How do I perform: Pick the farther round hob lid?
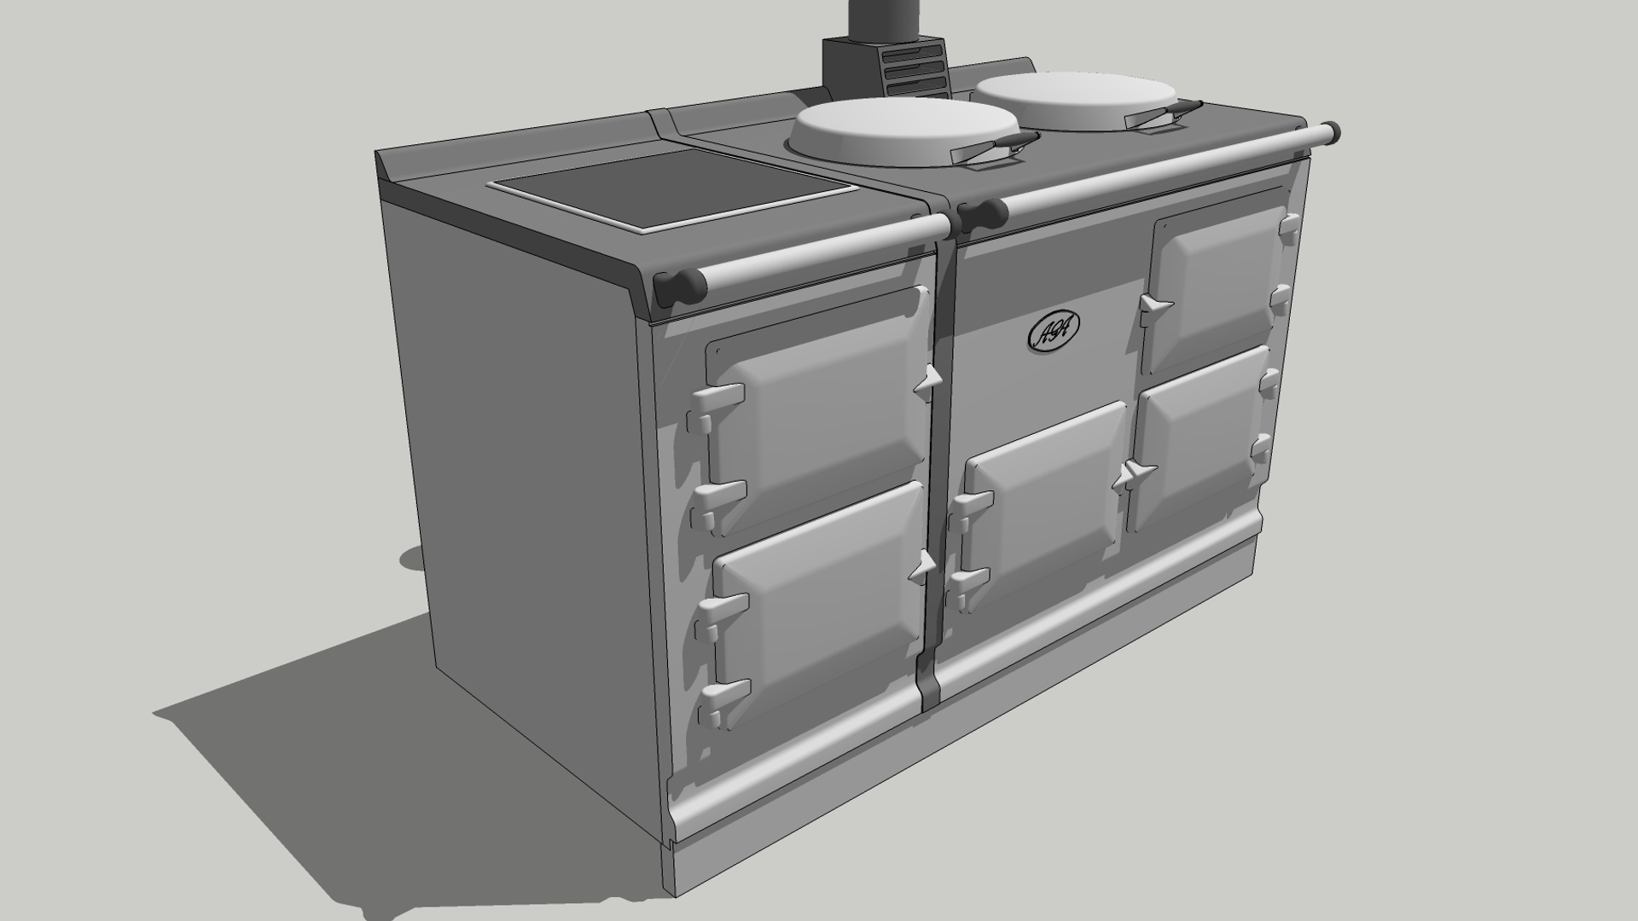[x=1077, y=101]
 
